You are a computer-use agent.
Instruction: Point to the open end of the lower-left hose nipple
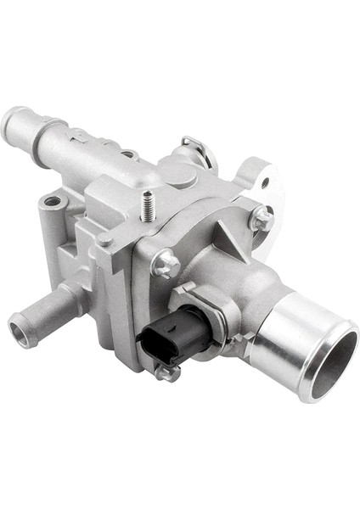[x=21, y=330]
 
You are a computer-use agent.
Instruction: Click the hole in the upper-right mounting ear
[x=265, y=182]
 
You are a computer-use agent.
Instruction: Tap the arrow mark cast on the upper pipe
[x=78, y=134]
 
